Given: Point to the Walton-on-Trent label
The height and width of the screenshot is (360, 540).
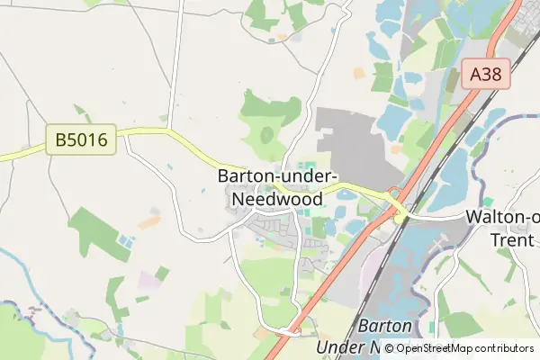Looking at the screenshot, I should point(502,217).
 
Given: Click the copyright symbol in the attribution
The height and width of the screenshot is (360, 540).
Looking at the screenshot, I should point(389,347).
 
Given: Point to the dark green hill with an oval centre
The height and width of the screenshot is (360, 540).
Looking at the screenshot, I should point(267,135).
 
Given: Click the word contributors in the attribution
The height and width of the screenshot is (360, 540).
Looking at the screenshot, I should point(505,347).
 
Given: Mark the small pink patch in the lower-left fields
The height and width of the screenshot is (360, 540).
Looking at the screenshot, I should point(145,278).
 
